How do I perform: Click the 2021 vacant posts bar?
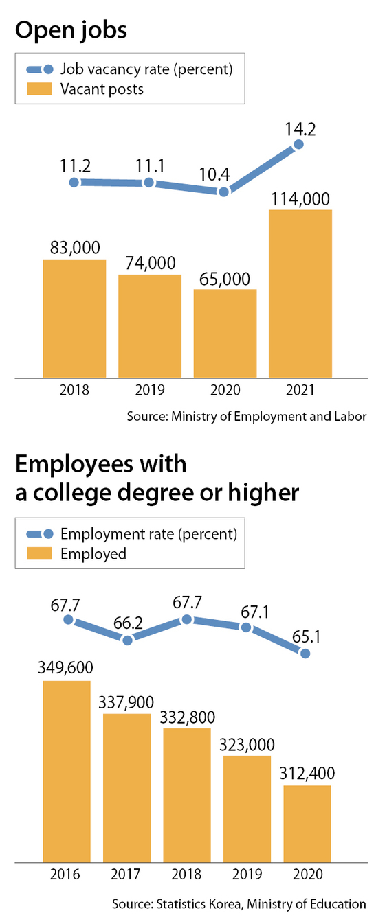click(x=300, y=294)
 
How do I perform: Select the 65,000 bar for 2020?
click(x=225, y=334)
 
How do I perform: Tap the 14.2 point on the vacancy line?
click(x=298, y=144)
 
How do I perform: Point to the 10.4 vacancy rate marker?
click(x=223, y=192)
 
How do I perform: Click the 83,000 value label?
click(x=75, y=248)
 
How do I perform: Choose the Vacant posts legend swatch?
click(x=39, y=89)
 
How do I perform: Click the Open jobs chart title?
click(x=71, y=30)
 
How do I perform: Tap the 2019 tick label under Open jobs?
click(x=150, y=390)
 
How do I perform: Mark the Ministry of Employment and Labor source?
click(x=247, y=416)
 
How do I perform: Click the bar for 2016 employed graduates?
click(x=67, y=771)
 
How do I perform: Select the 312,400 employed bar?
click(x=307, y=823)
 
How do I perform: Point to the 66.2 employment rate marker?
click(x=128, y=640)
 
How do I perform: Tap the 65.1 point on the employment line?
click(x=305, y=654)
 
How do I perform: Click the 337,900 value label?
click(x=126, y=702)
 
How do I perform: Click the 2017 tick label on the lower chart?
click(x=126, y=874)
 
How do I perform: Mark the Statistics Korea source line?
click(x=239, y=904)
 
